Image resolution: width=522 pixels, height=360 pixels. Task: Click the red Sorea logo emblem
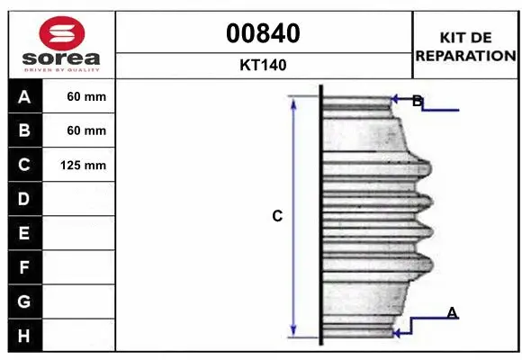pos(62,33)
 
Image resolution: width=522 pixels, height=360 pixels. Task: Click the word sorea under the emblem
pos(61,58)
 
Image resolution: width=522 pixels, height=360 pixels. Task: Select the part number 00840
pos(263,33)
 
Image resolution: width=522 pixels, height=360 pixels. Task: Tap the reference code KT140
pos(263,65)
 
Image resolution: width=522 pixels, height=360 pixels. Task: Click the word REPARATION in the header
pos(465,56)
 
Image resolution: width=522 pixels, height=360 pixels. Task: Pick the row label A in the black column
pos(24,97)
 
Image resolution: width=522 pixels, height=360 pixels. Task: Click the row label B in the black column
pos(24,130)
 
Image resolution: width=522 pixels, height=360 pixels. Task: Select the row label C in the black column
pos(24,165)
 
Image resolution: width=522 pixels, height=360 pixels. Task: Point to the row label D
pos(23,199)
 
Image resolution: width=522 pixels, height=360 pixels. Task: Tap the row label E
pos(23,233)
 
